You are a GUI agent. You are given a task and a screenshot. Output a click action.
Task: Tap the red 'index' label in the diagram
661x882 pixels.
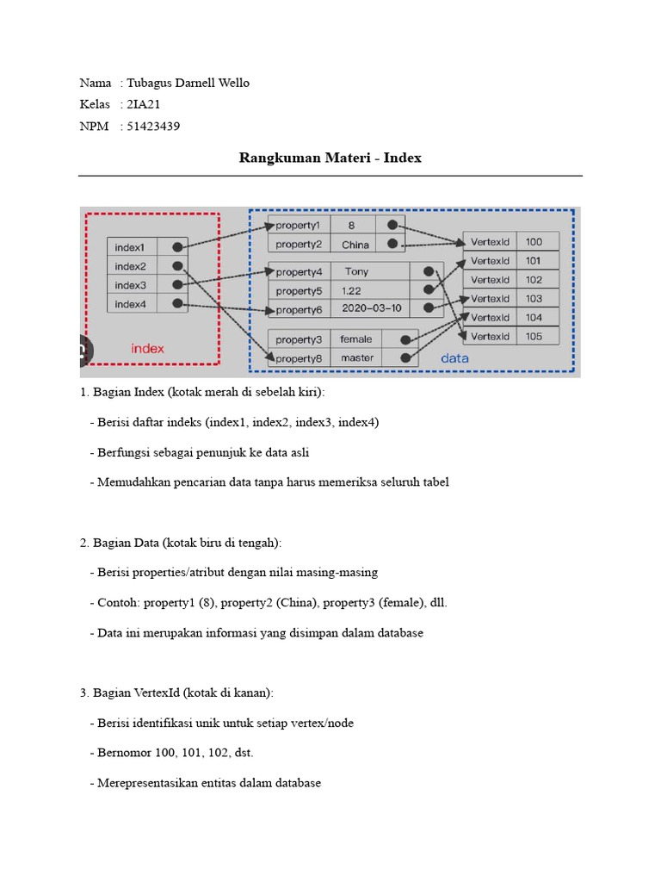click(x=147, y=349)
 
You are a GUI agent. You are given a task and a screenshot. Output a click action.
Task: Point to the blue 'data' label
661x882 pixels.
click(x=455, y=357)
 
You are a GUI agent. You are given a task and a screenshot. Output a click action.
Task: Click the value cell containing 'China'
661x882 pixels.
click(x=355, y=245)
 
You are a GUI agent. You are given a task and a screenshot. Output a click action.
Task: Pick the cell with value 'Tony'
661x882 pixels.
click(x=356, y=271)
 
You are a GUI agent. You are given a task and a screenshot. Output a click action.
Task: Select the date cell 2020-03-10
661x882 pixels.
click(x=371, y=308)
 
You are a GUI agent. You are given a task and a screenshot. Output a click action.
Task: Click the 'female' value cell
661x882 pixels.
click(x=356, y=339)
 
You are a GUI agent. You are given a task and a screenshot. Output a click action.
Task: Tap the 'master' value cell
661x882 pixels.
click(x=357, y=357)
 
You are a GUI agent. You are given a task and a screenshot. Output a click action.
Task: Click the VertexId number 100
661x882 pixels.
click(x=534, y=242)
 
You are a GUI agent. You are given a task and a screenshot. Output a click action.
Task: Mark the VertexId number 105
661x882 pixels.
click(x=534, y=337)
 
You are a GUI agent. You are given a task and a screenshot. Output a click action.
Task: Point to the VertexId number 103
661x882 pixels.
click(x=534, y=299)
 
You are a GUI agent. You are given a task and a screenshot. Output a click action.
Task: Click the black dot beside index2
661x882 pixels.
click(x=177, y=266)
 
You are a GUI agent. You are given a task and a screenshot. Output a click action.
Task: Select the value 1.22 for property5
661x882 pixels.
click(x=352, y=290)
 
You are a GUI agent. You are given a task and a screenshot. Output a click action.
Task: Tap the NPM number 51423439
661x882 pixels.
click(x=153, y=127)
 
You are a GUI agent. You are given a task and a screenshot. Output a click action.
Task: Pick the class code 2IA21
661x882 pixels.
click(x=144, y=104)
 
